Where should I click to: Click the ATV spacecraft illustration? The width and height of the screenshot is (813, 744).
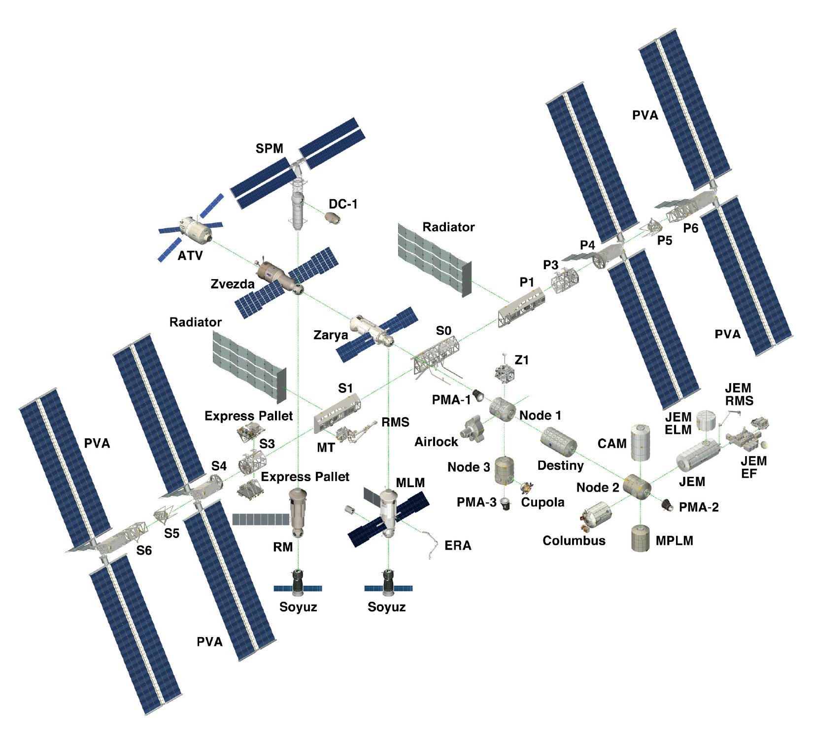[192, 229]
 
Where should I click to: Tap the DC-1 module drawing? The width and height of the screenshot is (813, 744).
[334, 217]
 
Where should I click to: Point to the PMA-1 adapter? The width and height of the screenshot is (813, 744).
[477, 395]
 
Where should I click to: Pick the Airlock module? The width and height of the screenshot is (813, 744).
[474, 428]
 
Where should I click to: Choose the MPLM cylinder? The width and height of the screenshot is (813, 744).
[641, 539]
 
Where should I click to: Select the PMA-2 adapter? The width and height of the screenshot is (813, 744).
[668, 505]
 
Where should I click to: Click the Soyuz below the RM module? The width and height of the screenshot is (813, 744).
[298, 582]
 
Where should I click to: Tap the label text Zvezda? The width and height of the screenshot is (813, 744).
[233, 284]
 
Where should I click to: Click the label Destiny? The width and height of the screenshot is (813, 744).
[561, 465]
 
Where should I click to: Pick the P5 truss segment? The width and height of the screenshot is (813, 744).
[652, 226]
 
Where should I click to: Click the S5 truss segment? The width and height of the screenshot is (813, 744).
[163, 514]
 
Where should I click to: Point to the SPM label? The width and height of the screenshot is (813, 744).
[270, 148]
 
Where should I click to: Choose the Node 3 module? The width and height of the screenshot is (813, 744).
[504, 470]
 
